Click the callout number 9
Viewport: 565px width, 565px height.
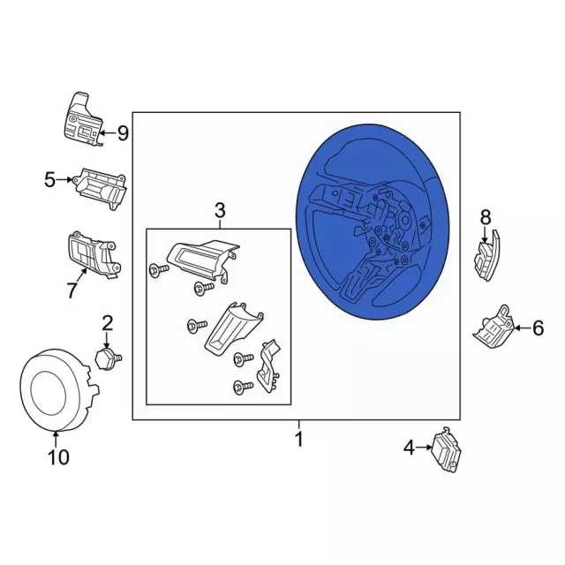click(x=123, y=133)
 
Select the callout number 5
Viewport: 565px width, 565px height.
click(x=50, y=179)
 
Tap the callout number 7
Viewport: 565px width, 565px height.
click(x=72, y=290)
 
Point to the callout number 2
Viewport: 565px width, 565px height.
click(x=108, y=323)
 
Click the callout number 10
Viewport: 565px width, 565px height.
click(x=58, y=457)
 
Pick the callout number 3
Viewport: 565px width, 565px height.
click(x=220, y=210)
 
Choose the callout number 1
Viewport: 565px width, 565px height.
click(x=298, y=439)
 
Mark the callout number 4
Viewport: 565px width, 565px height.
click(x=409, y=448)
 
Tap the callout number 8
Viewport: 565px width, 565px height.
click(x=486, y=217)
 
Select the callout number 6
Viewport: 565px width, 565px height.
click(x=538, y=328)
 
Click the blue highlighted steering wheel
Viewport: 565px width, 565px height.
click(x=373, y=222)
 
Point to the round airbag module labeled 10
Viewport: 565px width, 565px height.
click(x=57, y=390)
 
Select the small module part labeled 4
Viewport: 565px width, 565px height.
click(x=447, y=450)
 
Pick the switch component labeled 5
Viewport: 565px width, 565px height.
click(x=100, y=188)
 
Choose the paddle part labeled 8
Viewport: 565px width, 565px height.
click(x=487, y=255)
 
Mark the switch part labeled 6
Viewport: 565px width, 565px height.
click(x=493, y=328)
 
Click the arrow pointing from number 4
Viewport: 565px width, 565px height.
click(x=424, y=448)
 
